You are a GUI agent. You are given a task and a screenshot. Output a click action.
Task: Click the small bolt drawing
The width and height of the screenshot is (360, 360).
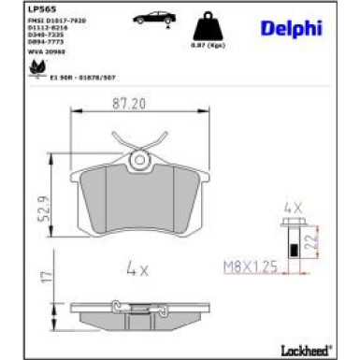(294, 238)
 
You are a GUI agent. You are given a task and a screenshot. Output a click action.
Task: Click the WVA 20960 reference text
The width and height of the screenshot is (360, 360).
(37, 52)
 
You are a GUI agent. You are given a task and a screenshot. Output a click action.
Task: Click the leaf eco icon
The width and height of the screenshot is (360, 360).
(36, 67)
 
